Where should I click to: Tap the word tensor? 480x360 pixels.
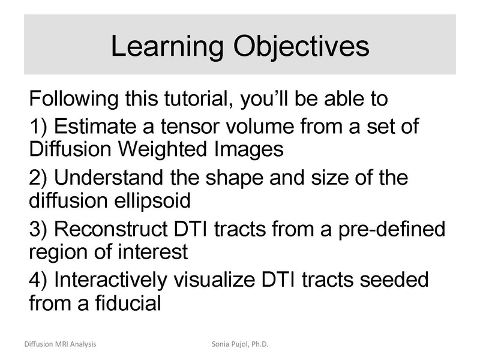coord(191,128)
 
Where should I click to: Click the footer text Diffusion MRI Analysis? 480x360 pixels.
coord(60,344)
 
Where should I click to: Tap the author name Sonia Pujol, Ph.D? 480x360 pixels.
coord(239,344)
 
